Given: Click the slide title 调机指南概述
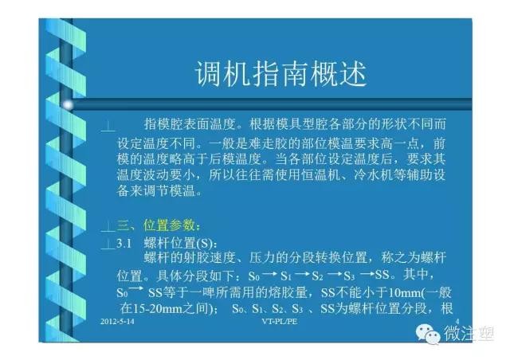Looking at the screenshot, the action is tap(281, 74).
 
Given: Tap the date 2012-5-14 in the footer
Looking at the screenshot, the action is tap(117, 322).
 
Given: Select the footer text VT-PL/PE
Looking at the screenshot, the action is tap(280, 322).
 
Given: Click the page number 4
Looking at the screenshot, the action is tap(457, 322).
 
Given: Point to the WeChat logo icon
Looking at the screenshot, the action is tap(428, 335).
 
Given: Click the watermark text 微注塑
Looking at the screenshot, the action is tap(469, 334).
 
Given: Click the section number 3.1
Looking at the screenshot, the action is tap(124, 243).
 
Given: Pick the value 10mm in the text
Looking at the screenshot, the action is tap(404, 293).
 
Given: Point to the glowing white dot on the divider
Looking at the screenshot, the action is tap(68, 105).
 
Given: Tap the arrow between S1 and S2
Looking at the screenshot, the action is tap(303, 275).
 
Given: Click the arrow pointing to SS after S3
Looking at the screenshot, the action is tap(367, 275).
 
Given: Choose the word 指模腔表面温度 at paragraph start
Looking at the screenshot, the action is tap(190, 124).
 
